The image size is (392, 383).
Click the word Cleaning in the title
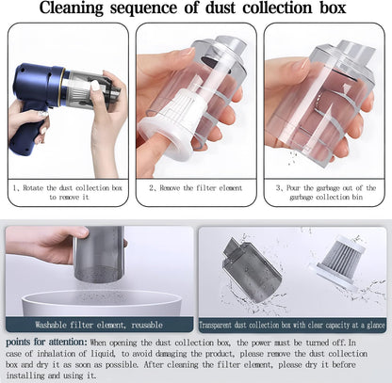72,8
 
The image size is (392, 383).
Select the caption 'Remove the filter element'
196,188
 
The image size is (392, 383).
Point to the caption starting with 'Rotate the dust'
68,192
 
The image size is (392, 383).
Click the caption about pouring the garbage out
326,192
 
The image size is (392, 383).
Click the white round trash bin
102,303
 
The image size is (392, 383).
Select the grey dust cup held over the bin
99,253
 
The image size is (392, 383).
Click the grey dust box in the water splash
251,269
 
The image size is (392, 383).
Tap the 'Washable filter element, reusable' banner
99,325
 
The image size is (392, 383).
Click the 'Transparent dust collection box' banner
292,325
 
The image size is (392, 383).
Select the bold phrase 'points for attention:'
46,342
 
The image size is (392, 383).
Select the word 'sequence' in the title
143,8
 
